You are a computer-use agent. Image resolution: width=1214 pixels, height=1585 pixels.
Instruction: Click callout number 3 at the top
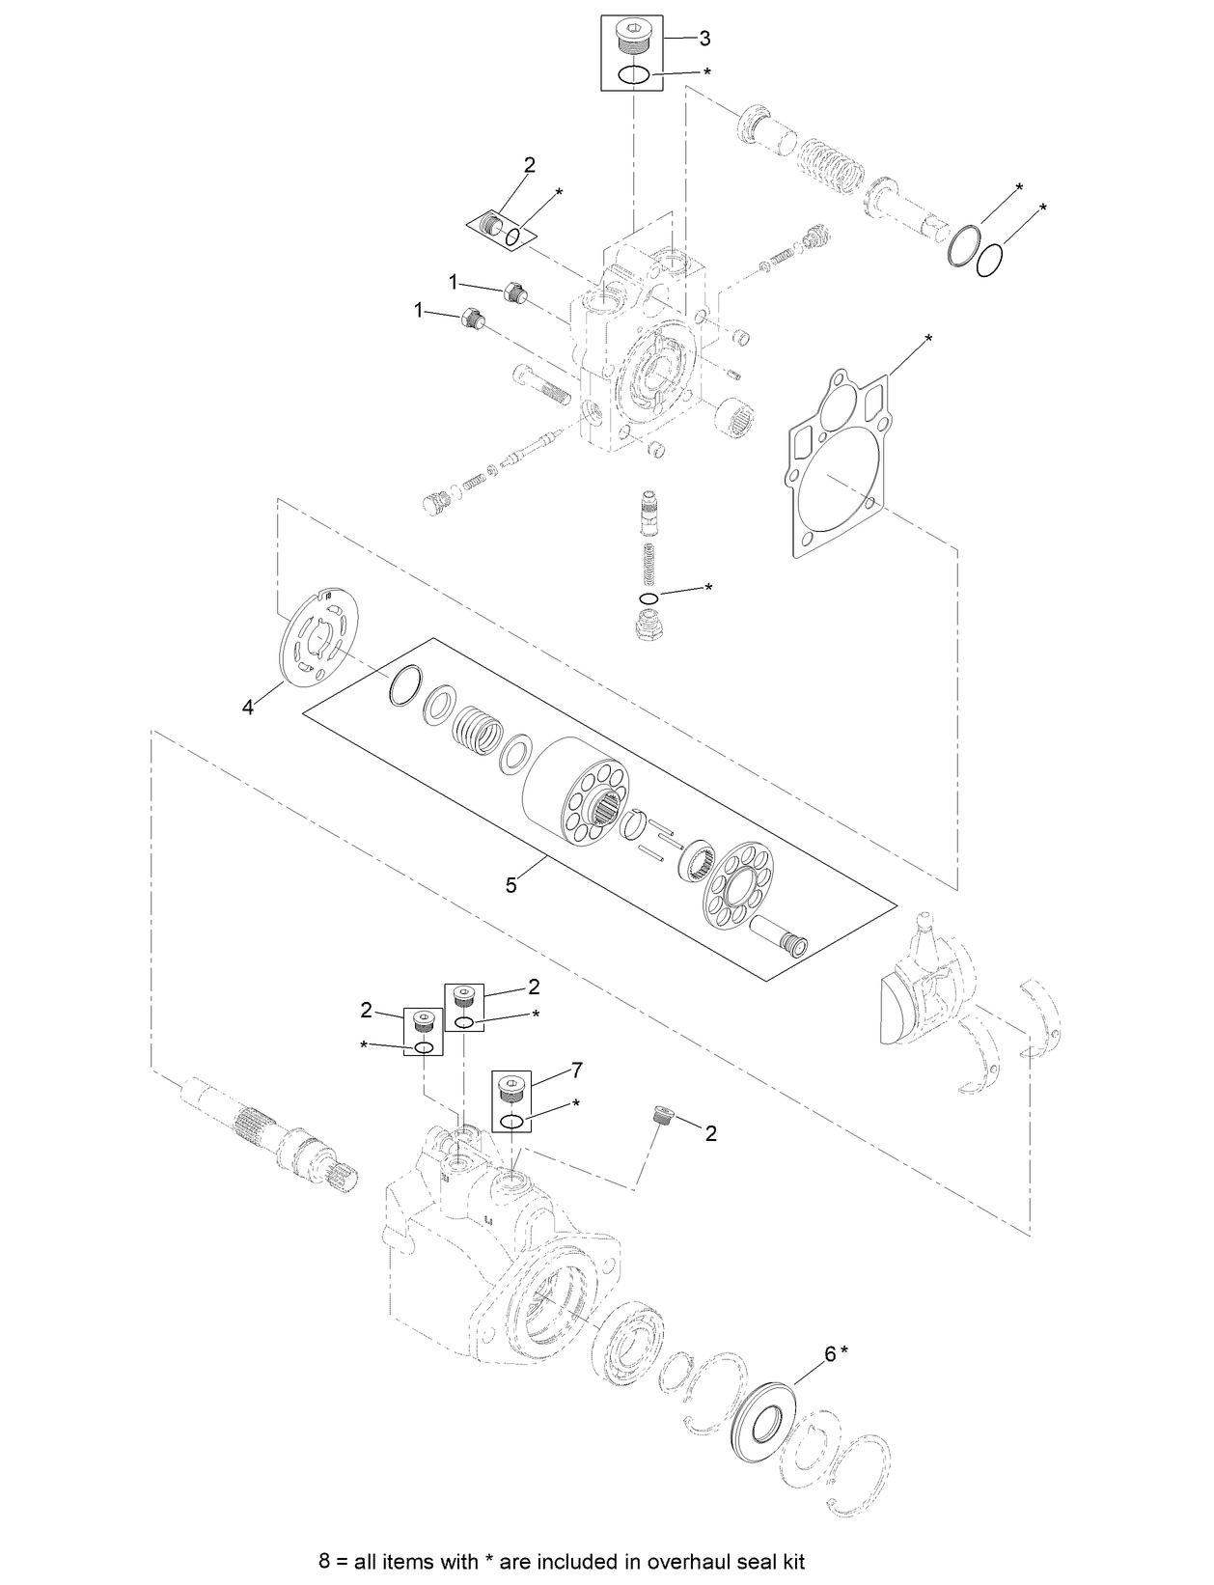click(704, 39)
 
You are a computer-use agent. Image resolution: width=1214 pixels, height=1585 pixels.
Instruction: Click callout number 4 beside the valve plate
click(248, 708)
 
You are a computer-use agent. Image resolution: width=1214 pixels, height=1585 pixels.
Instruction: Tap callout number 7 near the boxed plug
click(577, 1070)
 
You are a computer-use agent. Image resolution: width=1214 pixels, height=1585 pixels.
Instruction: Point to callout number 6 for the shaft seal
click(829, 1354)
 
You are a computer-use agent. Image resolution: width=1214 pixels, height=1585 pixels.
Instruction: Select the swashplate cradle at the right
click(926, 994)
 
